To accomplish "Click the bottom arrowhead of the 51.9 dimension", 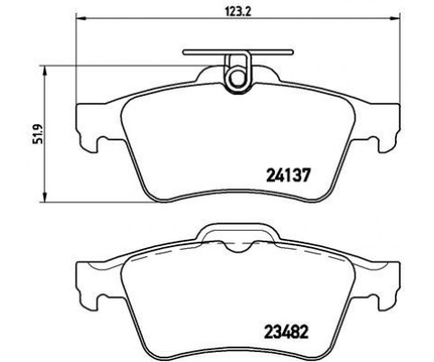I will (x=46, y=199).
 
